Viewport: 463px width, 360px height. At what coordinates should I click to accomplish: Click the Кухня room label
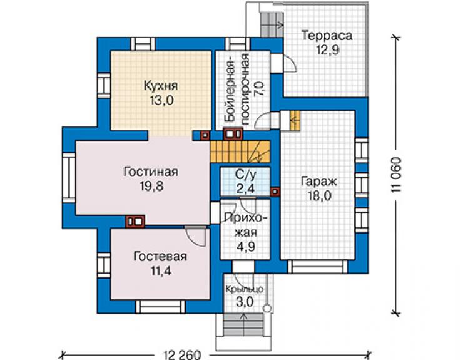(161, 86)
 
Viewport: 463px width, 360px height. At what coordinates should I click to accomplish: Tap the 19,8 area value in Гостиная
(151, 186)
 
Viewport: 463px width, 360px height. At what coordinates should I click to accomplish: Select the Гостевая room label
(160, 256)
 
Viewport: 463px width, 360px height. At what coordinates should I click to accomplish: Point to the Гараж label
(318, 182)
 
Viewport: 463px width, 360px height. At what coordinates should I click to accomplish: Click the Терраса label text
(327, 36)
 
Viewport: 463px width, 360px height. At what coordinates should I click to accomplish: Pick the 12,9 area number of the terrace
(328, 49)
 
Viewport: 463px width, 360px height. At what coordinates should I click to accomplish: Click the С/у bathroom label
(245, 175)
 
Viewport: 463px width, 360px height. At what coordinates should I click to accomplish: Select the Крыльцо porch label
(245, 289)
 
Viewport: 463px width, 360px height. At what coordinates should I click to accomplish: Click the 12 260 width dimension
(181, 354)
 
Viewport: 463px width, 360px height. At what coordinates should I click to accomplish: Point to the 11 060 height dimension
(397, 175)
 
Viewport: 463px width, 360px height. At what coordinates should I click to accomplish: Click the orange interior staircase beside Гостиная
(240, 152)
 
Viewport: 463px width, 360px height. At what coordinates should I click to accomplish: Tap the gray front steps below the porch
(243, 324)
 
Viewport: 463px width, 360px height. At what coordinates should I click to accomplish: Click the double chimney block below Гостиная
(135, 222)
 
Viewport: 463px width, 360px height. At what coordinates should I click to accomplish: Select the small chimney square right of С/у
(275, 192)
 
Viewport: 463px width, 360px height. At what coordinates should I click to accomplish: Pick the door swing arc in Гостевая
(196, 238)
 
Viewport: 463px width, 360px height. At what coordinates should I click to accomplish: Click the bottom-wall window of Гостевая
(160, 307)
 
